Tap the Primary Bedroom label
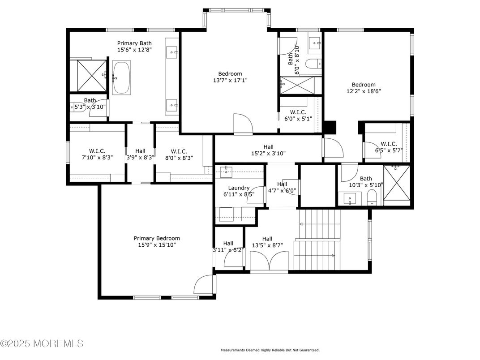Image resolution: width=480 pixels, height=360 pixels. coord(157,238)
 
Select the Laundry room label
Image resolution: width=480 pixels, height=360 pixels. coord(239,188)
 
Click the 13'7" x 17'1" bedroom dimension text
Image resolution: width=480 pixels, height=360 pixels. coord(230,81)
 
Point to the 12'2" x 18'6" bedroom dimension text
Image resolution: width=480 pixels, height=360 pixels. coord(364,91)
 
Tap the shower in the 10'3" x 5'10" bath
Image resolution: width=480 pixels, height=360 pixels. coord(397,184)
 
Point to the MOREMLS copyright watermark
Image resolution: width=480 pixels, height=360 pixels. coord(42,343)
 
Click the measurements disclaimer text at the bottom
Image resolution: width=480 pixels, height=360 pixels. coord(270,350)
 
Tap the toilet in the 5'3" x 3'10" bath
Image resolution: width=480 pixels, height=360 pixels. coord(74,107)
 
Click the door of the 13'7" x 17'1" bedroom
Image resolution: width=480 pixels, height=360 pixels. coord(243,124)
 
